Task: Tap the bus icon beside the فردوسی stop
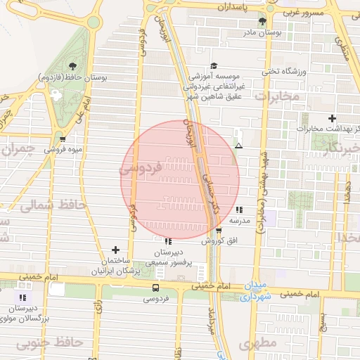(x=155, y=288)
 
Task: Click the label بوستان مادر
(x=262, y=32)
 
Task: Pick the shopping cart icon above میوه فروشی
(x=63, y=139)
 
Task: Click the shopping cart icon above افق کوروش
(x=219, y=230)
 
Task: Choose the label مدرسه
(x=240, y=220)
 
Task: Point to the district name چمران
(x=19, y=149)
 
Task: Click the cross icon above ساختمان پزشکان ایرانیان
(x=115, y=250)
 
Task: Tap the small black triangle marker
(x=239, y=146)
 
